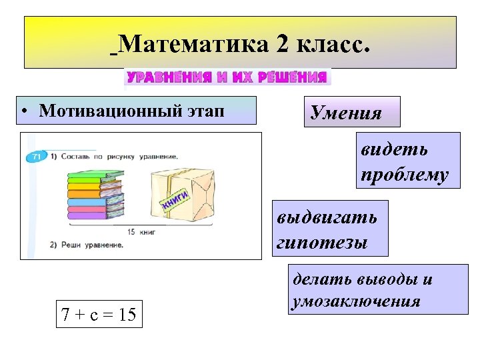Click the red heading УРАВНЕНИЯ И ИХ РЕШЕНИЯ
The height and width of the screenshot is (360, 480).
227,77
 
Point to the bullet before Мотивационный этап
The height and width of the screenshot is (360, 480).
24,111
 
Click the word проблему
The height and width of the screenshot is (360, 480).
405,174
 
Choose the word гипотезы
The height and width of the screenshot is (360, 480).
322,243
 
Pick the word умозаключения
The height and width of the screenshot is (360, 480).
356,301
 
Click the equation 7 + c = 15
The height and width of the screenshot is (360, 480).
98,314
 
